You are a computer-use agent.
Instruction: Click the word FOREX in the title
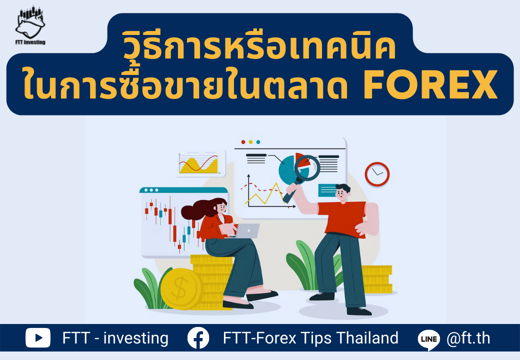pyautogui.click(x=430, y=84)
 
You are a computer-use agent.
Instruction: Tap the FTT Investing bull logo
pyautogui.click(x=30, y=25)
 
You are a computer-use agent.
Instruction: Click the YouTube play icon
pyautogui.click(x=38, y=338)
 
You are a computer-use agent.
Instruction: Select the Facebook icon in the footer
pyautogui.click(x=198, y=338)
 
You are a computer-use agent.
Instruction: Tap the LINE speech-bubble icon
pyautogui.click(x=429, y=339)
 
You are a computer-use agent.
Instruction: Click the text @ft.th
pyautogui.click(x=468, y=338)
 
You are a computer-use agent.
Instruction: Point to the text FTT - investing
pyautogui.click(x=115, y=338)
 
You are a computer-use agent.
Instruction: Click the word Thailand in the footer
pyautogui.click(x=367, y=338)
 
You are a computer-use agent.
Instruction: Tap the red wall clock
pyautogui.click(x=377, y=174)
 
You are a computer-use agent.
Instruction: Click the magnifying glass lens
pyautogui.click(x=307, y=167)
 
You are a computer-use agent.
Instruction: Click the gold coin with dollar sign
pyautogui.click(x=181, y=288)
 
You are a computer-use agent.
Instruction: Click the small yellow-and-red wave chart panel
pyautogui.click(x=200, y=163)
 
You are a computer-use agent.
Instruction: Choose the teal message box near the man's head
pyautogui.click(x=327, y=190)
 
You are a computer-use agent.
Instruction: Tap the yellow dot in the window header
pyautogui.click(x=250, y=142)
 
